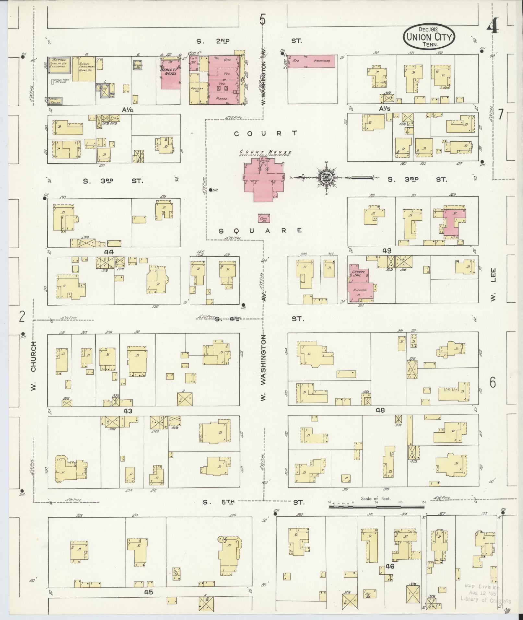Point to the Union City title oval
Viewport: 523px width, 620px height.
click(429, 38)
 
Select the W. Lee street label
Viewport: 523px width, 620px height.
click(493, 288)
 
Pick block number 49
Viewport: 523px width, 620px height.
click(386, 251)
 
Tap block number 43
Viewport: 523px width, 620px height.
click(128, 411)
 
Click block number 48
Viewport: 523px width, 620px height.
click(380, 410)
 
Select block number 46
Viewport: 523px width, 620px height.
click(390, 566)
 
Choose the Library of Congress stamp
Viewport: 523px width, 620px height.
click(485, 593)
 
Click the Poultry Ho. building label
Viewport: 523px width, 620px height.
click(197, 89)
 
